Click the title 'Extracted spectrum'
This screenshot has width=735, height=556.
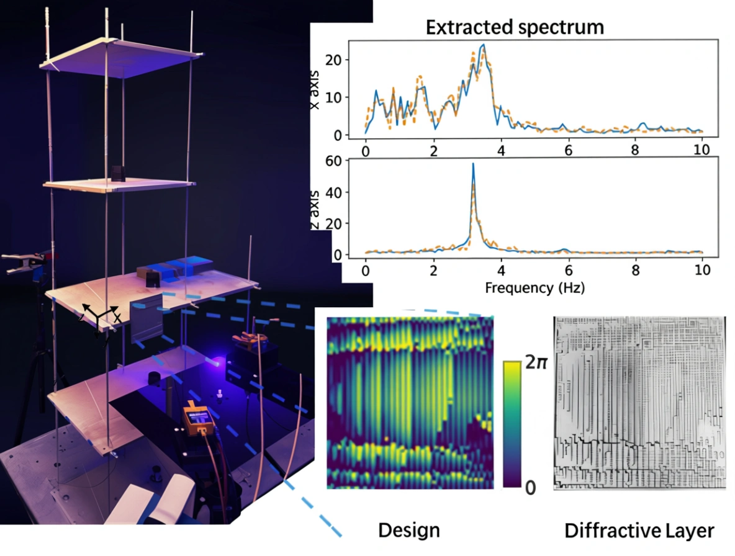pyautogui.click(x=514, y=27)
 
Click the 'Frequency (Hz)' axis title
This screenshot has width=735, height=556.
pyautogui.click(x=533, y=288)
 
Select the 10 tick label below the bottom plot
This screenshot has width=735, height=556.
pyautogui.click(x=701, y=271)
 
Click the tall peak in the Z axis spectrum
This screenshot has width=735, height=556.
pyautogui.click(x=473, y=165)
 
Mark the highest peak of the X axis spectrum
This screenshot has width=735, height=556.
pyautogui.click(x=483, y=45)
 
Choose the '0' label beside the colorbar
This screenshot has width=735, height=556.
pyautogui.click(x=531, y=488)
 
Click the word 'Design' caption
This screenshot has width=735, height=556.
pyautogui.click(x=409, y=531)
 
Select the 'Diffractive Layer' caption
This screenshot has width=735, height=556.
pyautogui.click(x=639, y=531)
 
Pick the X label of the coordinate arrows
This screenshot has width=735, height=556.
pyautogui.click(x=117, y=318)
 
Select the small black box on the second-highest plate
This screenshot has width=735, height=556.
pyautogui.click(x=119, y=173)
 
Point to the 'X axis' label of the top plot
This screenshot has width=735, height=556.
pyautogui.click(x=315, y=94)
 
